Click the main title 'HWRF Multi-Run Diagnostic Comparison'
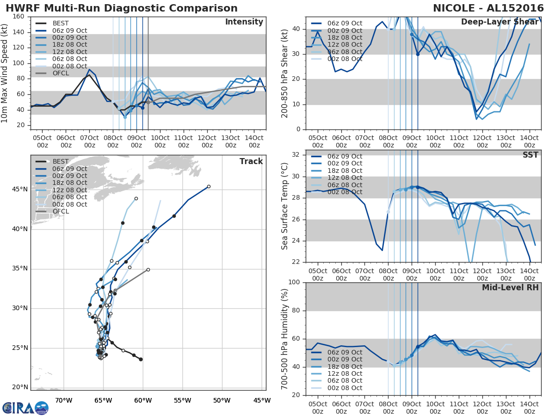(x=122, y=8)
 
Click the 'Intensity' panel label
(x=244, y=22)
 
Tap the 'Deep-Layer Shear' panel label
(x=499, y=22)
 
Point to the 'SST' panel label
(x=530, y=155)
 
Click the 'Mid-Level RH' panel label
(x=510, y=288)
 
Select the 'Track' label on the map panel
(x=251, y=161)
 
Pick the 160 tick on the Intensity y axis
(x=18, y=17)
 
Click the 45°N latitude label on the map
(x=20, y=190)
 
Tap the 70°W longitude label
(x=63, y=401)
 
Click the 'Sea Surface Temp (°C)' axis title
(x=285, y=206)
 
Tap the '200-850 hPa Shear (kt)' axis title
(x=285, y=73)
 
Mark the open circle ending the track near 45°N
(x=209, y=187)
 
